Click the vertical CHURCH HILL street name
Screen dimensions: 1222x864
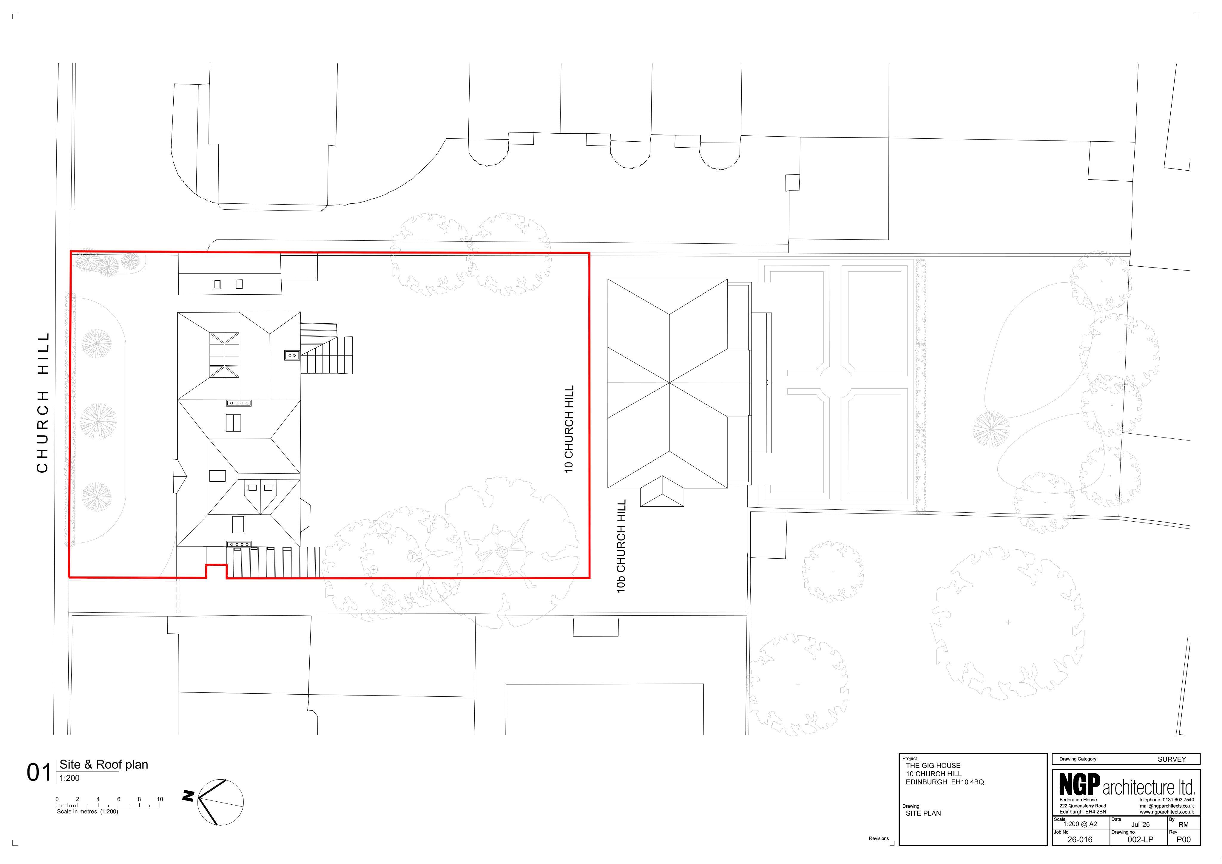[x=43, y=402]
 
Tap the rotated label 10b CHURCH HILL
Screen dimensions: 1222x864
[x=621, y=546]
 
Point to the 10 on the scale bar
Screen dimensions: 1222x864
[x=160, y=799]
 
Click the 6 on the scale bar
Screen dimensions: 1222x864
[x=119, y=799]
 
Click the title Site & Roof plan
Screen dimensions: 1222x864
[x=104, y=764]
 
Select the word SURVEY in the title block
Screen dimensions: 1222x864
[x=1172, y=759]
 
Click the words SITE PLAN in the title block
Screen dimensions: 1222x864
[x=923, y=813]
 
